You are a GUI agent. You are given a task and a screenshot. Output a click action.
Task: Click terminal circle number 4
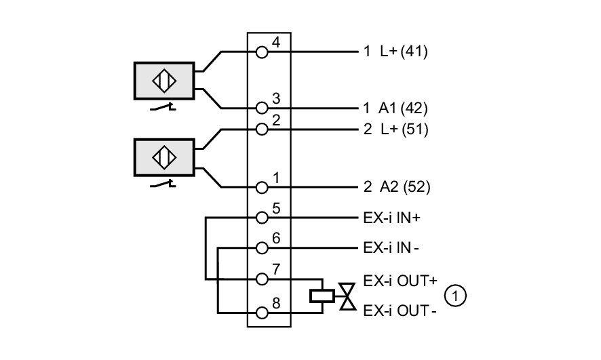coord(262,52)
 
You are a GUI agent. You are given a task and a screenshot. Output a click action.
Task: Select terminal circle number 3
coord(262,108)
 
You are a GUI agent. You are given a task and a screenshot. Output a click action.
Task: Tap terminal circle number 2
coord(262,129)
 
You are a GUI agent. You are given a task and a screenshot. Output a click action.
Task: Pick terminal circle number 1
coord(262,187)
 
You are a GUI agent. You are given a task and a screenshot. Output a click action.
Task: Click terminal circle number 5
coord(262,218)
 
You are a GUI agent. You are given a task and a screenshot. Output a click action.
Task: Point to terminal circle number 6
coord(262,247)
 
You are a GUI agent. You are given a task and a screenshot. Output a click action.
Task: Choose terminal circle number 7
coord(262,279)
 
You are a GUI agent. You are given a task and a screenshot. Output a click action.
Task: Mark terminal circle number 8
coord(262,313)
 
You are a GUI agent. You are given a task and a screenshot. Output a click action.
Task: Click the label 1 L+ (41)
coord(395,51)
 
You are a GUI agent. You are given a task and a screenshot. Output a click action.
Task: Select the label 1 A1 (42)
coord(395,108)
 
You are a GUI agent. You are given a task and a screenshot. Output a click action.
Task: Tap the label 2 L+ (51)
coord(396,129)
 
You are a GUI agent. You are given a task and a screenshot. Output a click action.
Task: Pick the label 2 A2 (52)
coord(397,187)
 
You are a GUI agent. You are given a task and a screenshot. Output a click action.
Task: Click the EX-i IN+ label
coord(391,218)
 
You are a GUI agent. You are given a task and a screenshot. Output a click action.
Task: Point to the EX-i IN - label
coord(391,248)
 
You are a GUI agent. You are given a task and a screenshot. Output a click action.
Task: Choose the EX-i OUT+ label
coord(400,281)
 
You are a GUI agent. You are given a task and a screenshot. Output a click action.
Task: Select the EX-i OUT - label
coord(400,311)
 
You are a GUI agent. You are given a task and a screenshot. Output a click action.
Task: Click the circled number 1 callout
coord(455,296)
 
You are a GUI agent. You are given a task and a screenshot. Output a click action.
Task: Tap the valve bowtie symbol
coord(348,296)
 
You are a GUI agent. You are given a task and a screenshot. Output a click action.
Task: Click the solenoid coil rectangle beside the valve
coord(322,296)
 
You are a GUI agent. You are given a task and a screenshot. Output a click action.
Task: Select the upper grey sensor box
coord(164,81)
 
